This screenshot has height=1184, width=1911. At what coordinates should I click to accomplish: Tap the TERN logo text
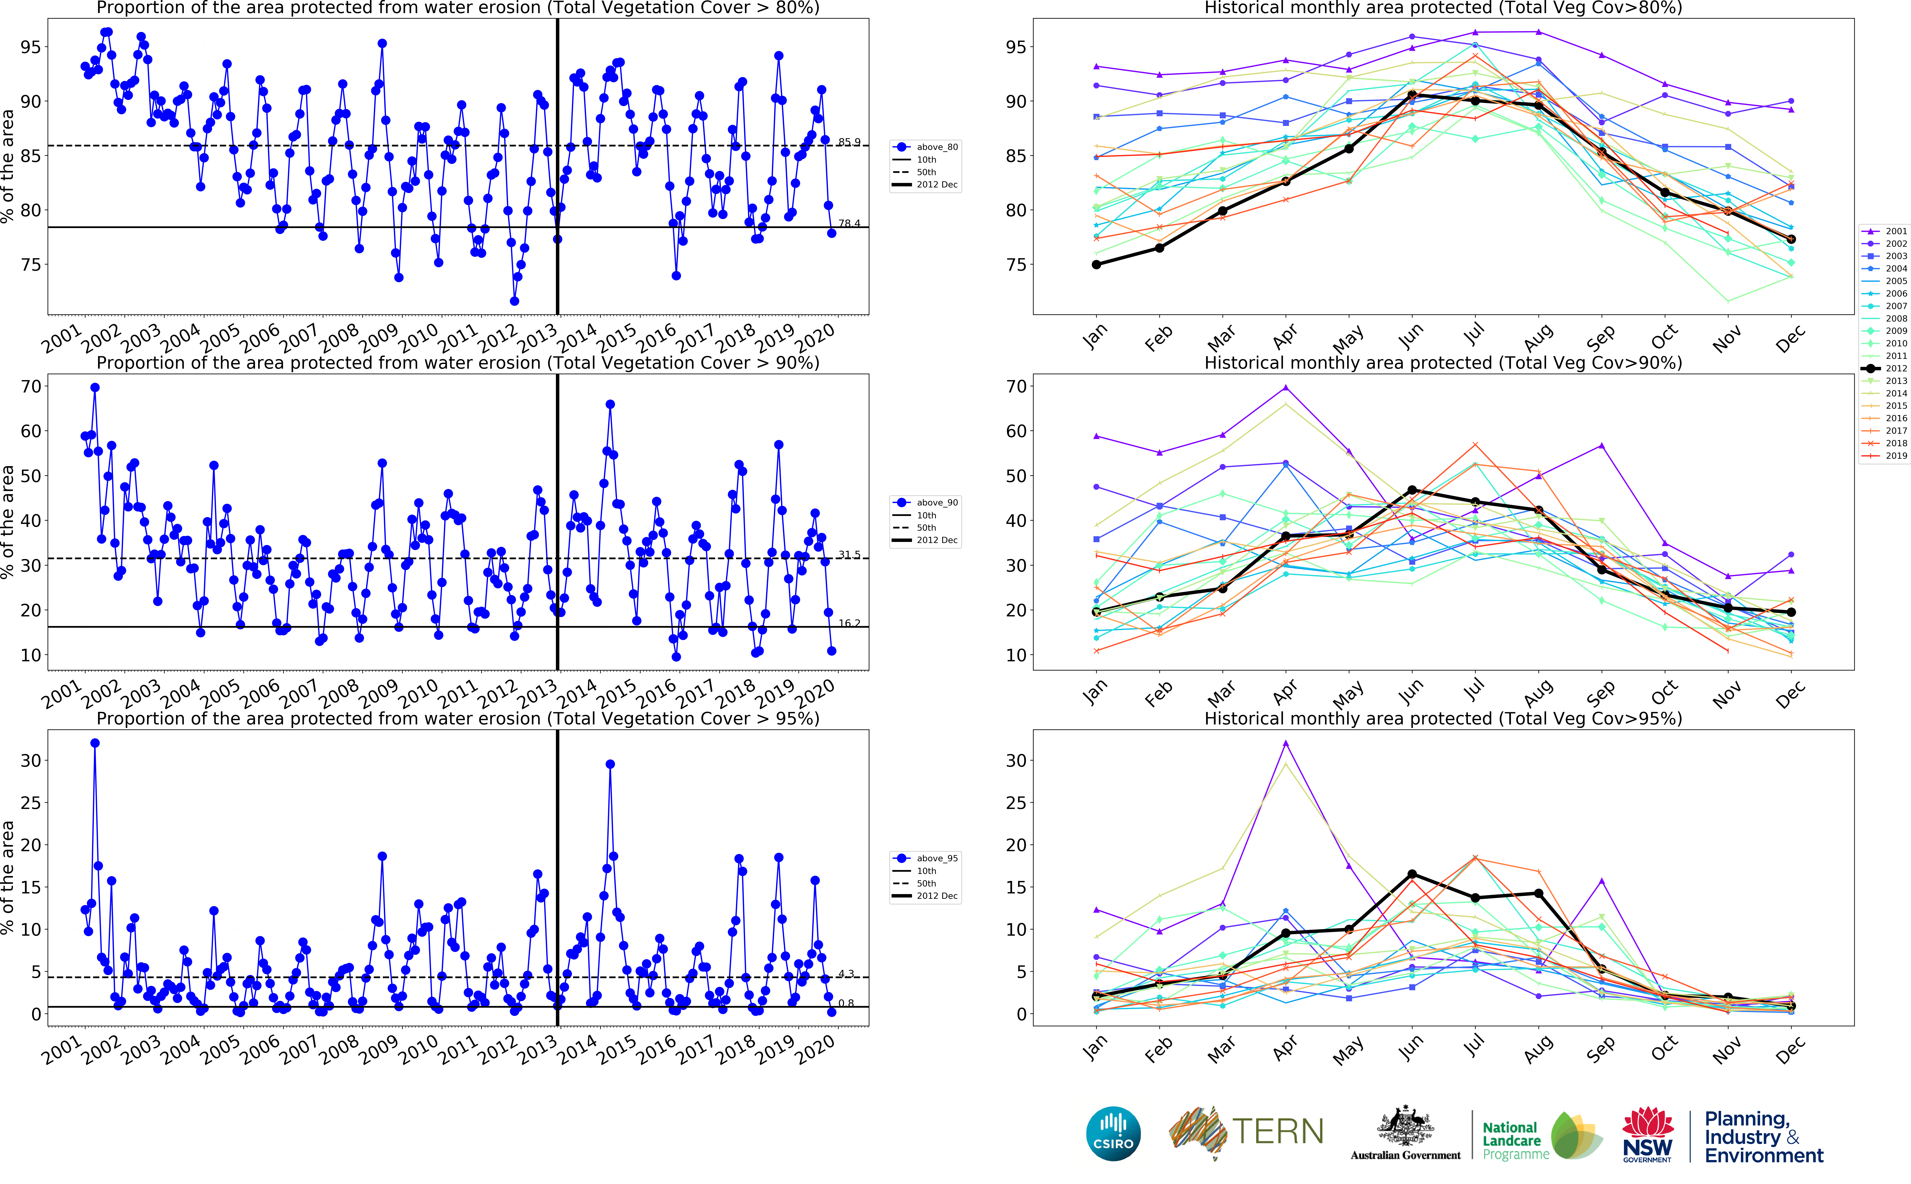tap(1278, 1132)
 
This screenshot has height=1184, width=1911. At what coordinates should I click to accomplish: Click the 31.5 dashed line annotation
tap(849, 554)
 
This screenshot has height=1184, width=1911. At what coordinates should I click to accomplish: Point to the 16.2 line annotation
tap(849, 623)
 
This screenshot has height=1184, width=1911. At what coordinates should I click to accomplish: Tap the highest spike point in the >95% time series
tap(95, 743)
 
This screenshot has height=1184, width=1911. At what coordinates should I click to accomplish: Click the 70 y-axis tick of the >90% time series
tap(31, 387)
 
